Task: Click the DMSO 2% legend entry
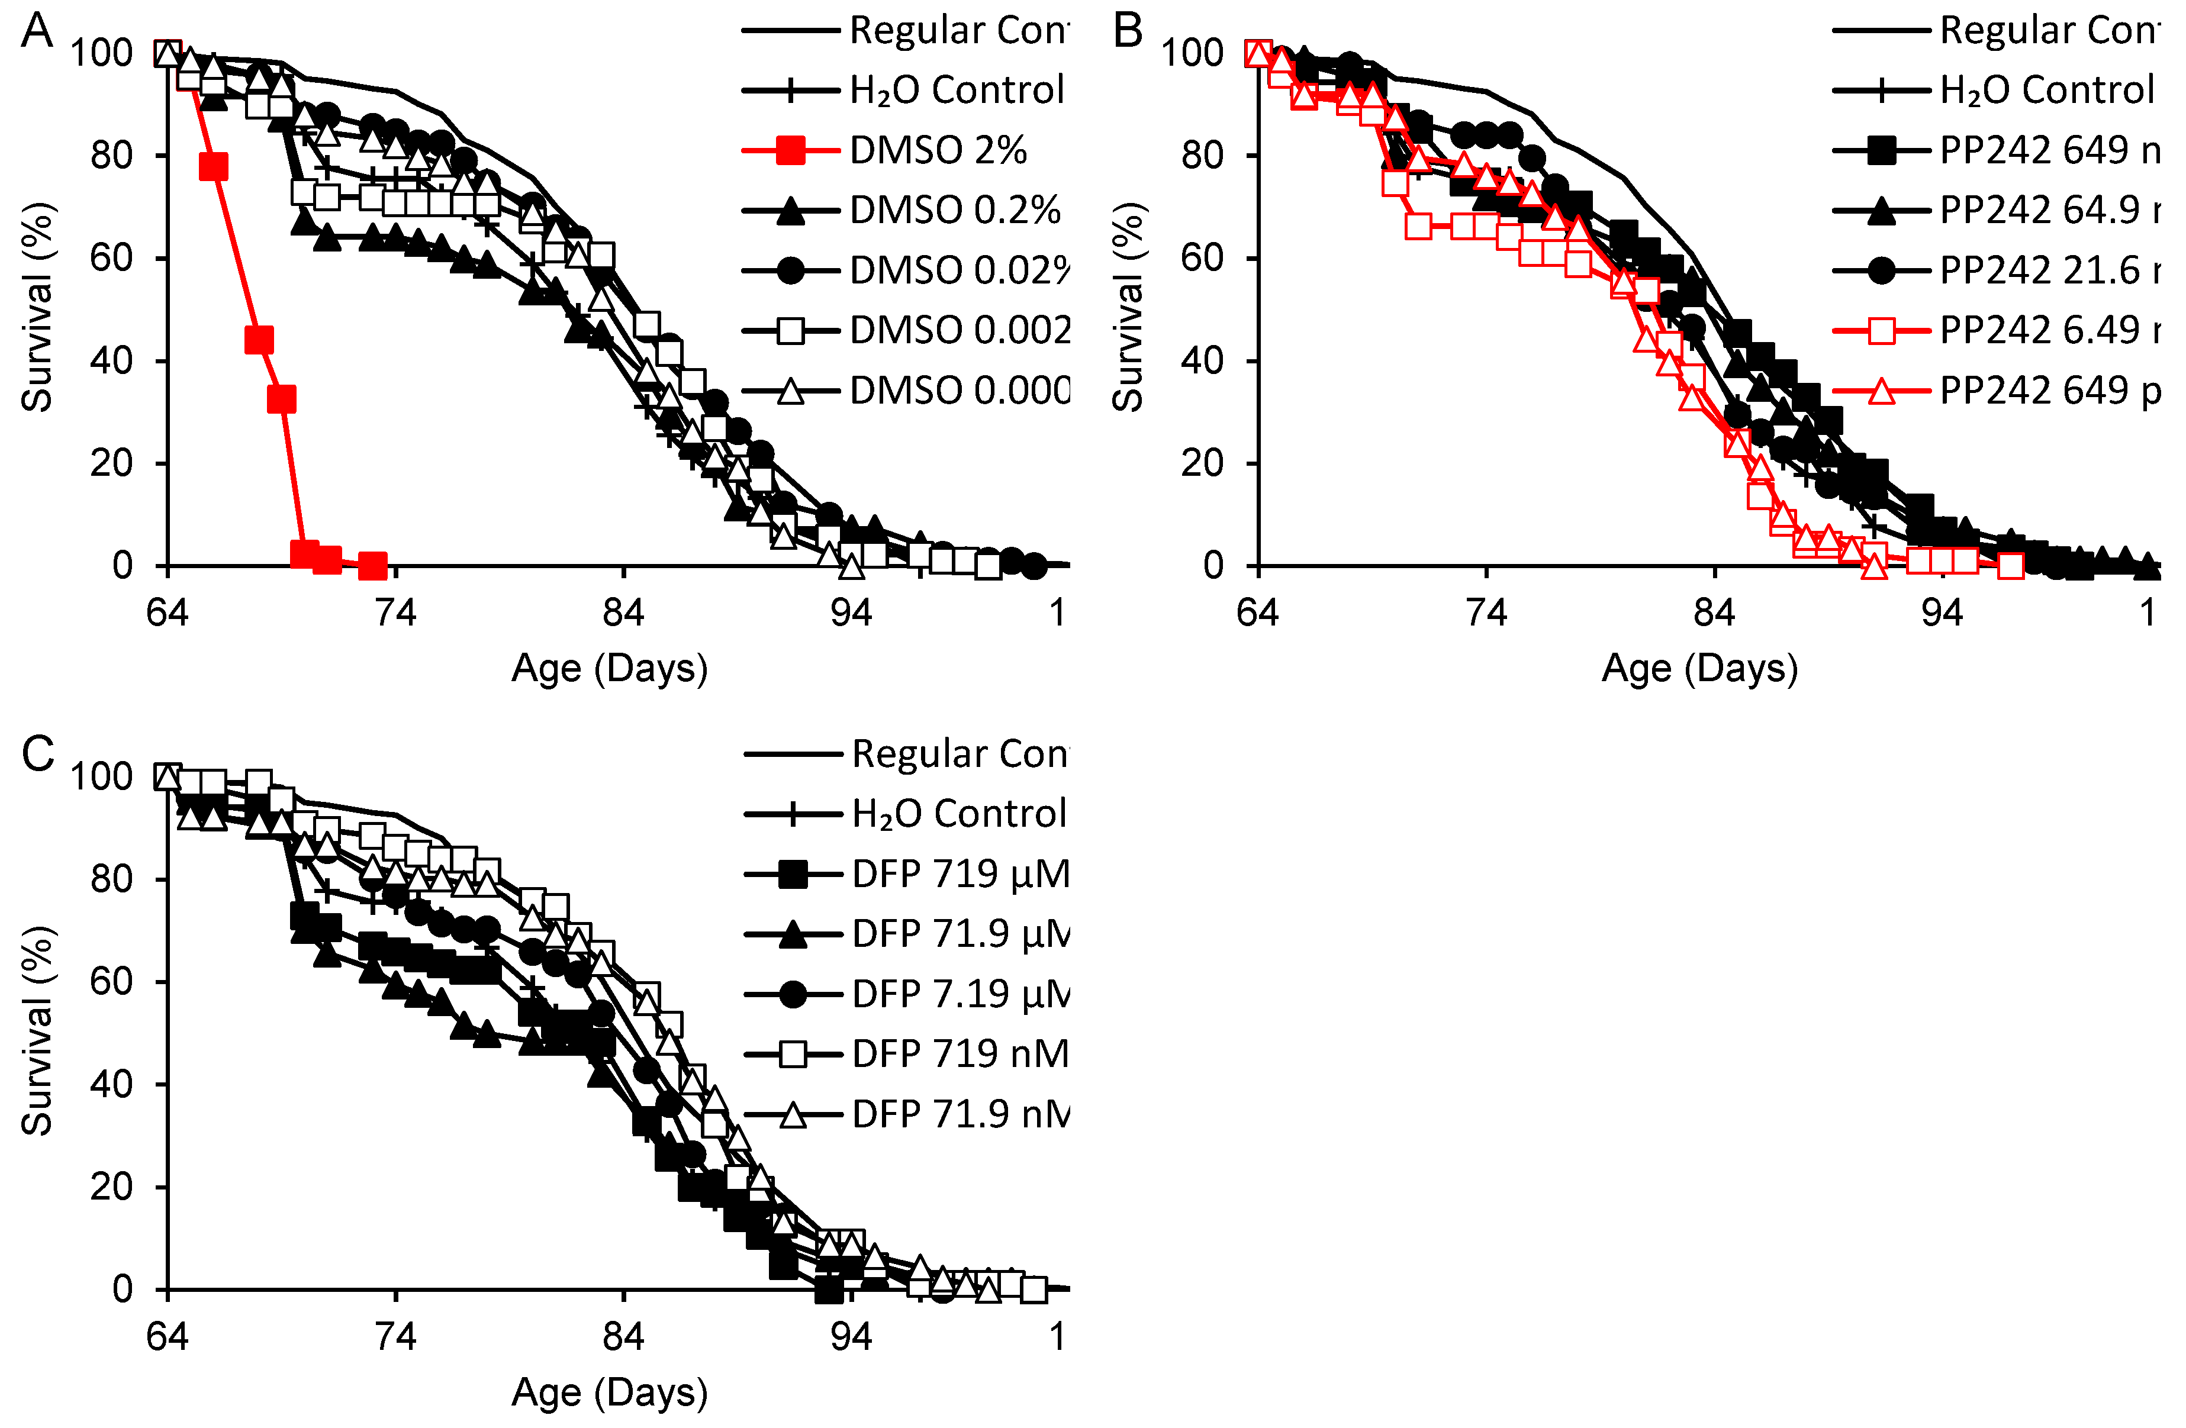coord(937,150)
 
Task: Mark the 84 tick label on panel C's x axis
coord(624,1336)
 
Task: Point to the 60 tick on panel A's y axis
coord(111,258)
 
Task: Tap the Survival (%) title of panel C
coord(37,1030)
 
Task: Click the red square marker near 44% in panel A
coord(259,340)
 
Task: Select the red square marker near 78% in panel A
coord(213,167)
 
